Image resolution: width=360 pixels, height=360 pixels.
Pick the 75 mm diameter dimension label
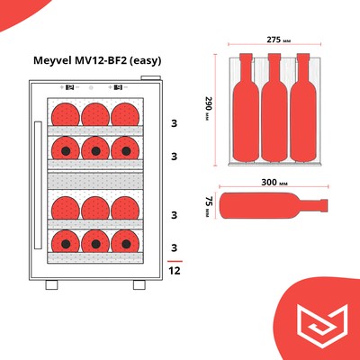[209, 204]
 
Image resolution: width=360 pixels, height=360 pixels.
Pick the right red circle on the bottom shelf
[123, 240]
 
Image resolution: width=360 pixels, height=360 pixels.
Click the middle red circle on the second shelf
[94, 147]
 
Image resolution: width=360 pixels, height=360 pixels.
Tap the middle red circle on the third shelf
[94, 208]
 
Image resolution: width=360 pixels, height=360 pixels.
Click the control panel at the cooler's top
[90, 88]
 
